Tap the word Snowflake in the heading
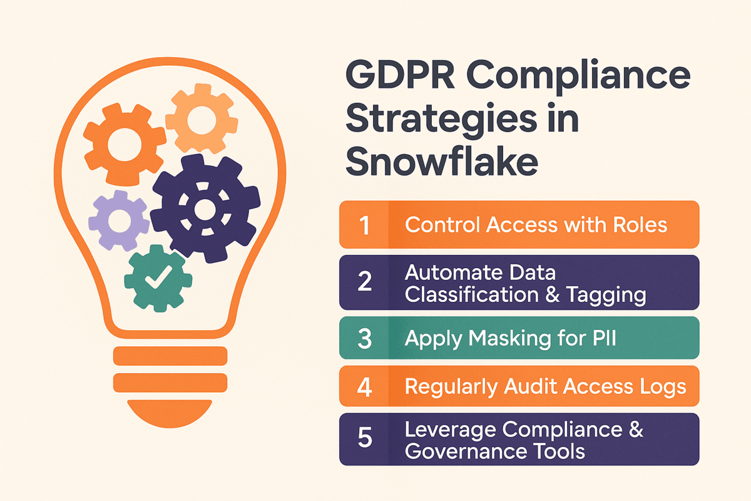tap(441, 160)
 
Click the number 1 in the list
tap(364, 225)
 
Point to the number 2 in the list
tap(364, 282)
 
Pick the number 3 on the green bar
tap(364, 338)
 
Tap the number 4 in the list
tap(364, 386)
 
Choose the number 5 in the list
tap(364, 439)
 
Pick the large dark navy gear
tap(204, 207)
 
